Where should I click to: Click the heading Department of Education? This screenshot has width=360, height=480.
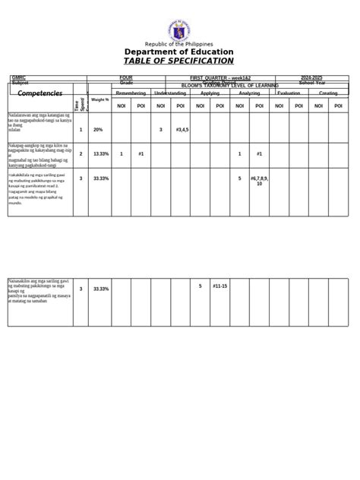pos(179,52)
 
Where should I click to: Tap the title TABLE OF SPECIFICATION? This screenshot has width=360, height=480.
pos(179,61)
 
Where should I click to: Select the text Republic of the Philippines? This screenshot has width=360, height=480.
pos(179,44)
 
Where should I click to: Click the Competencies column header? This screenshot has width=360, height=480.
pos(39,93)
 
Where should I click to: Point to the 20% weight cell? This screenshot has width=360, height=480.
pos(98,130)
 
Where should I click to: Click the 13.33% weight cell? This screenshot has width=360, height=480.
pos(100,153)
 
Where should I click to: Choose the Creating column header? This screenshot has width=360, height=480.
pos(328,93)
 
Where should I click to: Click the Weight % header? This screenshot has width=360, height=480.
pos(99,99)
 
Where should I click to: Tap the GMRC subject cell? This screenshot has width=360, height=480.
pos(19,77)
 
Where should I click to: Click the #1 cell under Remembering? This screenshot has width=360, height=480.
pos(141,153)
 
